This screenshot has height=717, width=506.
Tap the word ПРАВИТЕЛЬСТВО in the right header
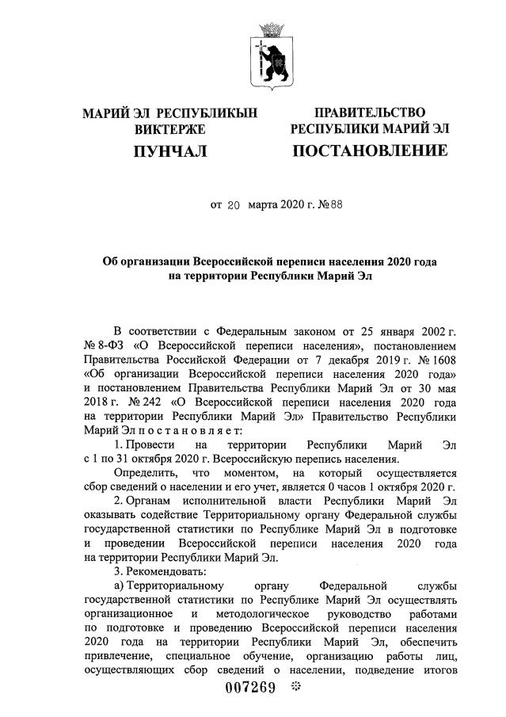[370, 113]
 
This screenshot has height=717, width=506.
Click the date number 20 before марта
[233, 204]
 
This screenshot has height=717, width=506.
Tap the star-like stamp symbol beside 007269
[297, 687]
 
